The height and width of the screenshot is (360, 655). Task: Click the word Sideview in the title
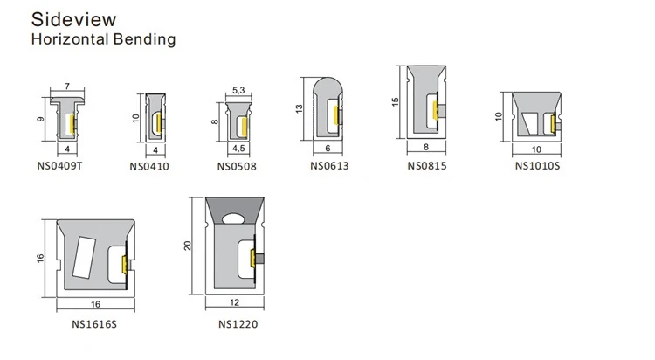(73, 19)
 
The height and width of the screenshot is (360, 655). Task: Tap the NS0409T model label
(59, 165)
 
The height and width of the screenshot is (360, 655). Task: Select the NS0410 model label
(149, 166)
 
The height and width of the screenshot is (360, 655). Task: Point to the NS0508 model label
(237, 166)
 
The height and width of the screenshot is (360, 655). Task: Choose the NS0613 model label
(329, 165)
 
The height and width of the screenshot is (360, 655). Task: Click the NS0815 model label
(427, 165)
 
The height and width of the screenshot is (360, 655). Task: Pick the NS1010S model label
(537, 165)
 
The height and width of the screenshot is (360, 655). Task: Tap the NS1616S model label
(94, 324)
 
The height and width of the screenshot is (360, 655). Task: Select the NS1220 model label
(238, 324)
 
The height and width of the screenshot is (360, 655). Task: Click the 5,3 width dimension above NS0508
(238, 90)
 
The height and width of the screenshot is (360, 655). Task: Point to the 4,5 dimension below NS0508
(238, 149)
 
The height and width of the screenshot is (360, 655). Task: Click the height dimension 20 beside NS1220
(187, 246)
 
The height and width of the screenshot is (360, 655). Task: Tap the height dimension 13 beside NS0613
(299, 108)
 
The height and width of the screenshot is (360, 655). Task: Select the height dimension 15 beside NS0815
(395, 101)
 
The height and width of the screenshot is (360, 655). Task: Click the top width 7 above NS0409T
(67, 87)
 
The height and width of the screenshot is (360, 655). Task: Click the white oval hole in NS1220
(234, 218)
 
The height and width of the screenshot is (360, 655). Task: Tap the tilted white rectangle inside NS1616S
(84, 258)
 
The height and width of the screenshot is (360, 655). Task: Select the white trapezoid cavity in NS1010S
(530, 124)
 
